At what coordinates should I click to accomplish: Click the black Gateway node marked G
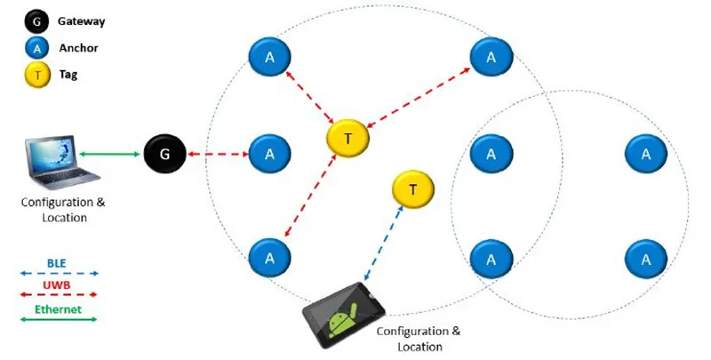pos(164,155)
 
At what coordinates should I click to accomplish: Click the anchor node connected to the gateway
pos(268,154)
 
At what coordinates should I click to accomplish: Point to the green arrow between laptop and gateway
pos(110,155)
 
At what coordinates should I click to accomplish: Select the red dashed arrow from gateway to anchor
pos(218,155)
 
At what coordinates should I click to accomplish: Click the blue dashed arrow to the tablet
pos(384,238)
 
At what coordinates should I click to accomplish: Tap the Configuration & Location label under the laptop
pos(57,209)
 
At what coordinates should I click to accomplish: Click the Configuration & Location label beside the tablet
pos(419,339)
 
